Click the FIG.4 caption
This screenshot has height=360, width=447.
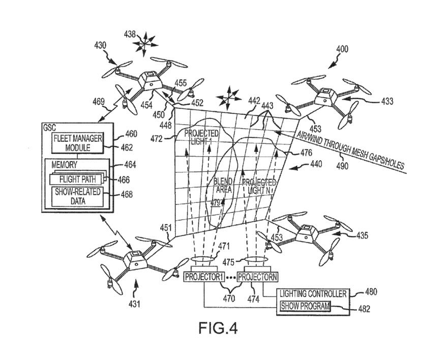218,327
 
